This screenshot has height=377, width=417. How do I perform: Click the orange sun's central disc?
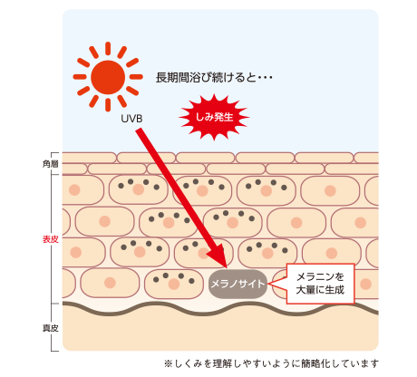(x=108, y=77)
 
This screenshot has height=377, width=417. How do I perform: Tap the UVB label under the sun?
(x=131, y=119)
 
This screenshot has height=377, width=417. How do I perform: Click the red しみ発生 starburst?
(x=214, y=117)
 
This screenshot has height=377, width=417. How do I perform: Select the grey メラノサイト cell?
(x=238, y=284)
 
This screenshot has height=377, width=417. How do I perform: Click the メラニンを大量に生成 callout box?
(x=320, y=284)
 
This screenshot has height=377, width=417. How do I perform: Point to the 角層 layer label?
(x=50, y=164)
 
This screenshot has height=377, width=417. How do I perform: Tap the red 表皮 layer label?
(x=50, y=239)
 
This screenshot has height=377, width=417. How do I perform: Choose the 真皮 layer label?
(x=50, y=328)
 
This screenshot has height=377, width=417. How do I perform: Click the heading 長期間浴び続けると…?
(x=214, y=78)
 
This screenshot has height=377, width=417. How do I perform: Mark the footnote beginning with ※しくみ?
(x=271, y=363)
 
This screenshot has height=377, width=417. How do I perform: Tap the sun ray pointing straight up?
(x=108, y=49)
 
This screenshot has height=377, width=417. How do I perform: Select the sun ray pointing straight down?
(x=108, y=105)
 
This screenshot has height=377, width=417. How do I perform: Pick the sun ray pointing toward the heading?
(x=136, y=77)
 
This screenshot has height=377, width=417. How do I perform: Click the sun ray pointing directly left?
(x=80, y=77)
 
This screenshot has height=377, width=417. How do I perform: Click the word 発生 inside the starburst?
(x=224, y=117)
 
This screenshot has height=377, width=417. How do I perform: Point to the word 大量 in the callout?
(x=305, y=290)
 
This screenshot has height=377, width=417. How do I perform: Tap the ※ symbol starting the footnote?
(x=169, y=363)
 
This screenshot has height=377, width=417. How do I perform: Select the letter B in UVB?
(x=139, y=119)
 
